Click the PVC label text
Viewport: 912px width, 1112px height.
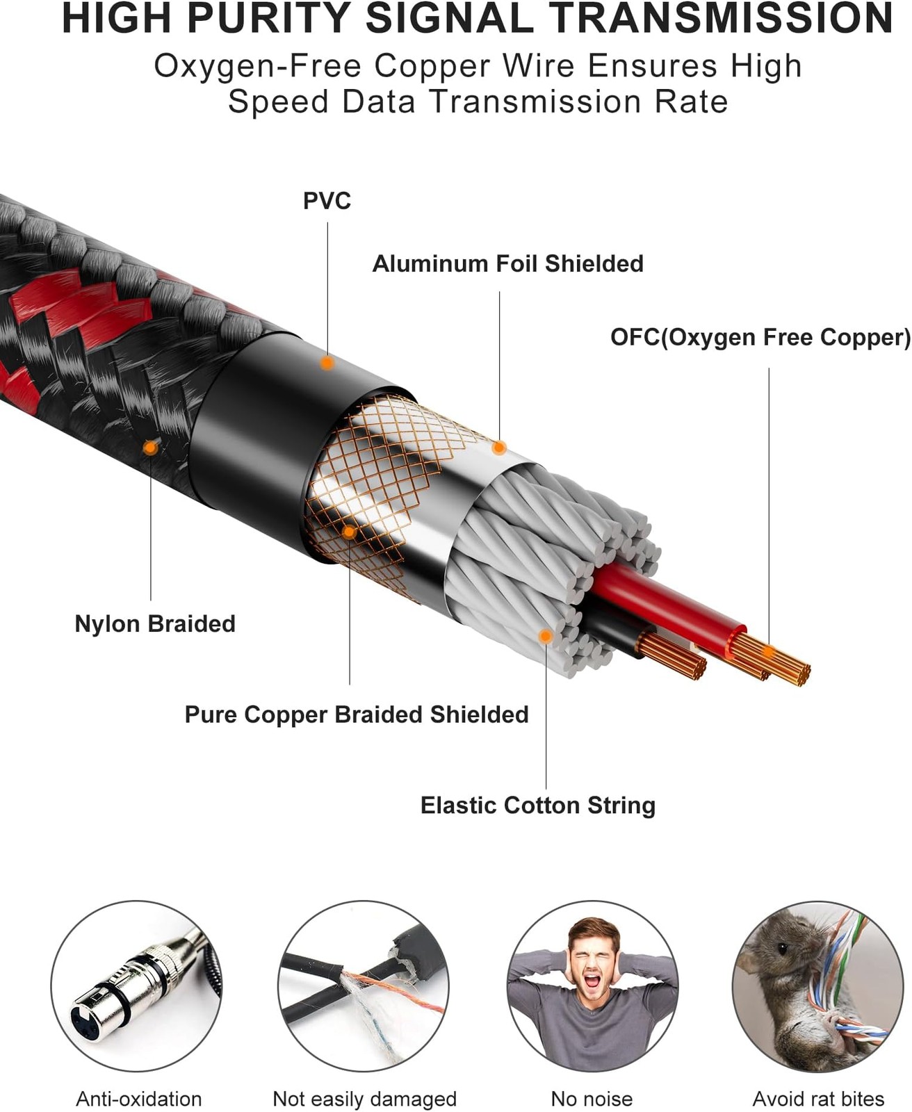click(x=327, y=201)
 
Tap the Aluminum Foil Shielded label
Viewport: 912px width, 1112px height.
click(x=508, y=263)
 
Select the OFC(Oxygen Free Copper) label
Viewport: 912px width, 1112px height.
click(x=760, y=338)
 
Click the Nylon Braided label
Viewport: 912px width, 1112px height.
click(x=155, y=623)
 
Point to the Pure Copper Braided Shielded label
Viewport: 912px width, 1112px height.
click(x=357, y=715)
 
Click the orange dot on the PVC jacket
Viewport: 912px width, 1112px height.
click(x=327, y=363)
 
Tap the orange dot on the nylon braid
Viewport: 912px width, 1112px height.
click(x=151, y=448)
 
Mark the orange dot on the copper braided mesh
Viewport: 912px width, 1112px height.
click(x=349, y=532)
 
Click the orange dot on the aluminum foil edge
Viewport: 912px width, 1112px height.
click(x=499, y=448)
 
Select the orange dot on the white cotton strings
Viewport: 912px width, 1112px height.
click(x=546, y=637)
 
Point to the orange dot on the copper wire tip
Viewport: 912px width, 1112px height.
click(x=769, y=653)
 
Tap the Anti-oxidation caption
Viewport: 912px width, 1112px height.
click(x=139, y=1095)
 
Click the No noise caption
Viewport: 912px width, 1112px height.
click(x=592, y=1095)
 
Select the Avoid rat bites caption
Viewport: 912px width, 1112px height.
click(x=819, y=1095)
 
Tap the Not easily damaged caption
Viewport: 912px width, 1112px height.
click(x=364, y=1095)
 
